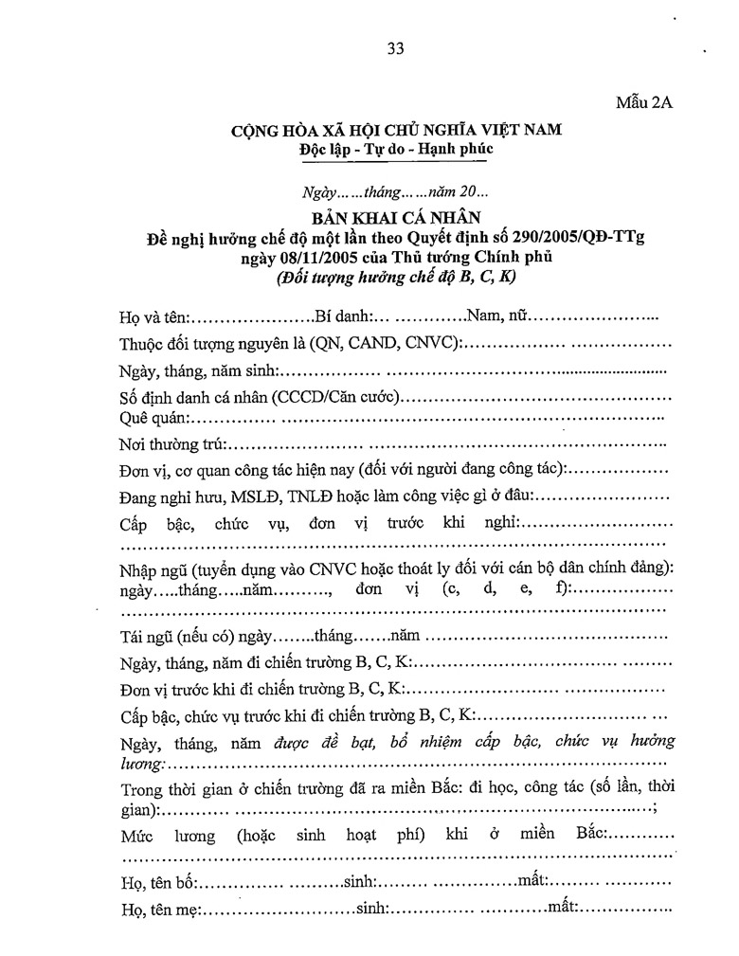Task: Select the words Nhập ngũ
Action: (x=153, y=568)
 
